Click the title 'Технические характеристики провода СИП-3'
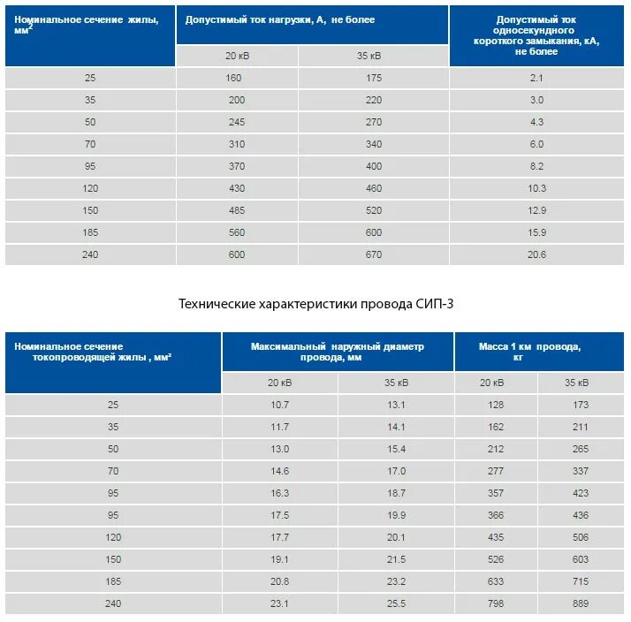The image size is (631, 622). pos(315,304)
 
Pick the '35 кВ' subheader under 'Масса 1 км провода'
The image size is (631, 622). pos(581,383)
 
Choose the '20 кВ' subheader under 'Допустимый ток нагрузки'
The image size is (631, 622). pos(237,56)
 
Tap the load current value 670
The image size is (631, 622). pos(374,254)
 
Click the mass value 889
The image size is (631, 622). pos(581,603)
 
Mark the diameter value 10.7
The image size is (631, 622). pos(280,405)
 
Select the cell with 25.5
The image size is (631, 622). pos(396,603)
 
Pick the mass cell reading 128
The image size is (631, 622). pos(496,405)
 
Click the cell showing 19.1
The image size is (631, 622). pos(280,559)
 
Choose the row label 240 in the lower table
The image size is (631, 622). pos(112,603)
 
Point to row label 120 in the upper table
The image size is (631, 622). pos(90,188)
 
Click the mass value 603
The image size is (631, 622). pos(581,559)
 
